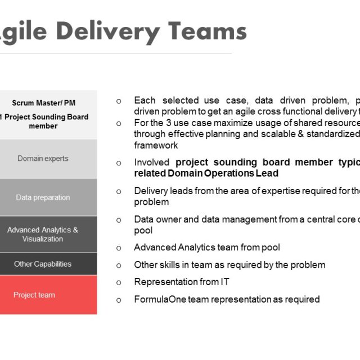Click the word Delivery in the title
click(109, 31)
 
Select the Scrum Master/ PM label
click(43, 103)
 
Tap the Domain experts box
click(43, 159)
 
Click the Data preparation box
click(43, 197)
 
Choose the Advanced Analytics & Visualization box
click(43, 234)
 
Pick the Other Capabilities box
click(43, 264)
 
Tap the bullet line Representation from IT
click(181, 282)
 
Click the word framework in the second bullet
click(155, 145)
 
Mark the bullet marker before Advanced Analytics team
click(119, 247)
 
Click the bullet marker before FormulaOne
click(119, 300)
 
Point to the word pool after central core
click(143, 230)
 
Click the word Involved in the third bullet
click(152, 163)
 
